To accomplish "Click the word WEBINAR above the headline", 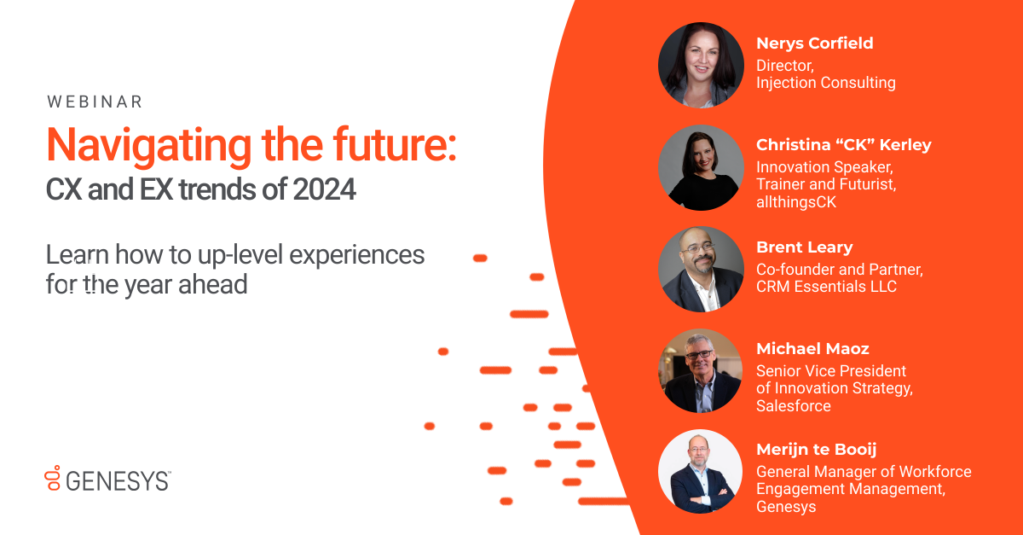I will click(x=95, y=102).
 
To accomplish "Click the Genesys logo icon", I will click(x=53, y=479).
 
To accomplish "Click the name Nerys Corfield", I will click(x=814, y=44).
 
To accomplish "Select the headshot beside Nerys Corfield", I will click(x=700, y=65).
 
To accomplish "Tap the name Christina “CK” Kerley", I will click(x=843, y=144).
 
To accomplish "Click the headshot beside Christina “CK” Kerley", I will click(x=700, y=167).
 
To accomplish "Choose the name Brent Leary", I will click(x=804, y=247).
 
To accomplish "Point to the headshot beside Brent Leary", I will click(x=700, y=269).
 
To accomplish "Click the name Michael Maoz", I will click(x=812, y=349).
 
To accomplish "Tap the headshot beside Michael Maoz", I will click(x=700, y=371).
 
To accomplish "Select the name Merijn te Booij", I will click(x=816, y=450).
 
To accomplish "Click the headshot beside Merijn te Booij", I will click(x=700, y=472).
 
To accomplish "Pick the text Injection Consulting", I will click(x=825, y=83).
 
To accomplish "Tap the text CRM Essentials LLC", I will click(x=826, y=287).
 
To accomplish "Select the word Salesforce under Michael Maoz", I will click(x=793, y=406).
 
